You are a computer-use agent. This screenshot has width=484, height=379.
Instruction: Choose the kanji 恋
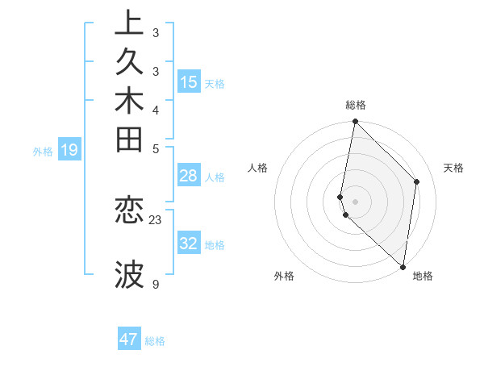(x=129, y=210)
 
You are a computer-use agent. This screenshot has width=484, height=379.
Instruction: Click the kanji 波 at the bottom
(x=129, y=275)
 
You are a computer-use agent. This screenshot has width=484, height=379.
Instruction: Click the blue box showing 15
(x=189, y=81)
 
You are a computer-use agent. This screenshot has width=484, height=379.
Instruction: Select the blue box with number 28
(x=189, y=176)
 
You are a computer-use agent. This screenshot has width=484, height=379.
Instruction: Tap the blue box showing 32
(x=189, y=244)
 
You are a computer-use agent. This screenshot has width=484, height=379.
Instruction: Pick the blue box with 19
(x=69, y=149)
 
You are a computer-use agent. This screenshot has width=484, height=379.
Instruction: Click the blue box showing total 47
(x=129, y=339)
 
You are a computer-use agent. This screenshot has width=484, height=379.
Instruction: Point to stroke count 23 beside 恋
(x=156, y=219)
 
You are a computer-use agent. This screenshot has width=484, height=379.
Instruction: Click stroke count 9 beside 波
(x=156, y=284)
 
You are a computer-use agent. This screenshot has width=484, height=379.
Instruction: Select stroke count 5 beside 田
(x=156, y=148)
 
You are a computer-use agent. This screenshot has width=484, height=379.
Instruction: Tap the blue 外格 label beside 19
(x=43, y=150)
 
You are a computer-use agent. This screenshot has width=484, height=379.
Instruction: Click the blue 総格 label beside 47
(x=155, y=341)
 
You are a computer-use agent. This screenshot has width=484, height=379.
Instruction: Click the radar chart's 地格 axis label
(x=423, y=277)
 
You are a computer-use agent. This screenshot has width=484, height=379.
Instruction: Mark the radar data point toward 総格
(x=355, y=122)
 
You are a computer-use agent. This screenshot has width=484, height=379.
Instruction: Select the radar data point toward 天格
(x=417, y=181)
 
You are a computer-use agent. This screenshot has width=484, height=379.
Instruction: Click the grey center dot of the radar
(x=355, y=201)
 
